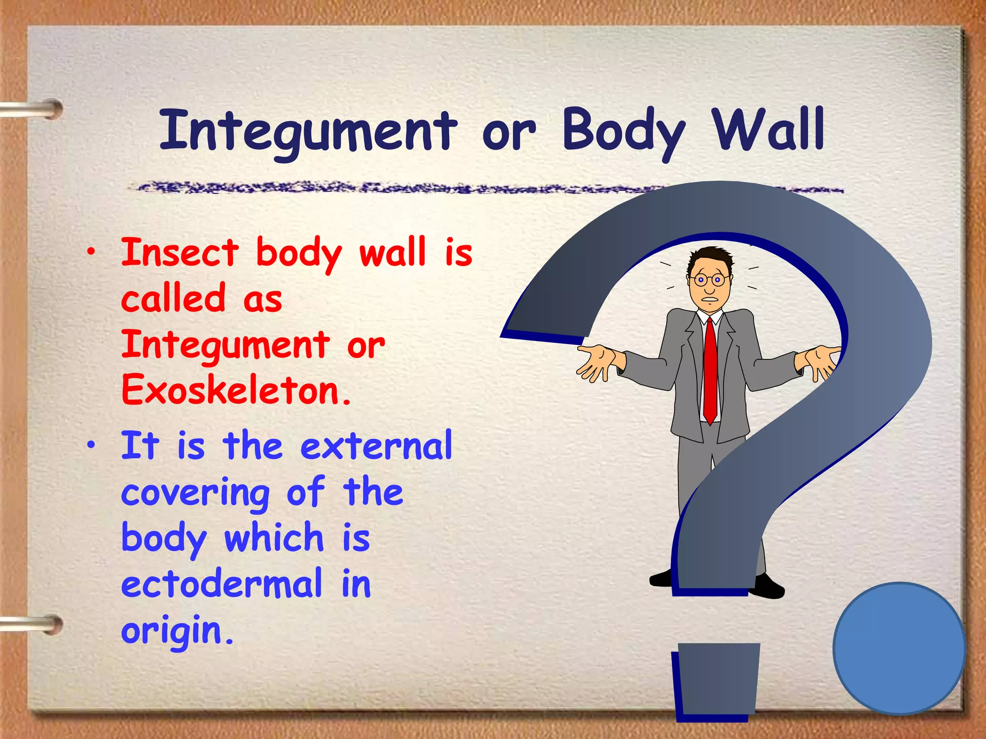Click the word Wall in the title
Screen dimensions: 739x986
(x=769, y=129)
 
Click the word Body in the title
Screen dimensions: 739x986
(x=623, y=131)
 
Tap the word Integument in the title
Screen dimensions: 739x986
(x=308, y=131)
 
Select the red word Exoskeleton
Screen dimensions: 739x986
(x=236, y=390)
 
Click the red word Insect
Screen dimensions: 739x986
(x=180, y=252)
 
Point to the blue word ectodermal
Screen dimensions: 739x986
(x=221, y=583)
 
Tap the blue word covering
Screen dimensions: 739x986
(x=195, y=493)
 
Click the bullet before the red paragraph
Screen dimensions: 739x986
(x=91, y=251)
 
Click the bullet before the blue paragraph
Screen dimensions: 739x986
(x=91, y=446)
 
